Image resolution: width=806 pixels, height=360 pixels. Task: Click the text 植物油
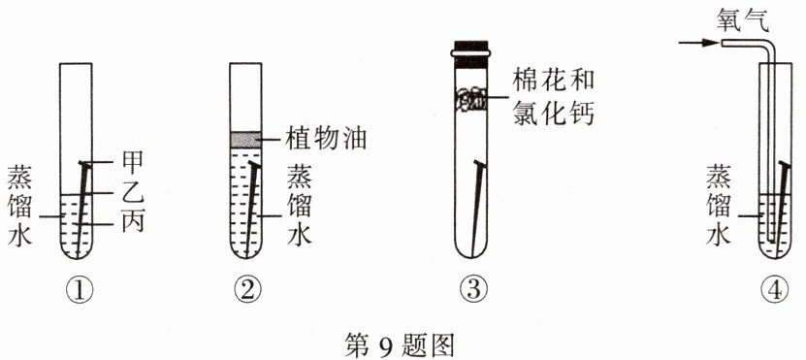326,139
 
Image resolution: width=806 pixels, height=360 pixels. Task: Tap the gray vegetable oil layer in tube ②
245,139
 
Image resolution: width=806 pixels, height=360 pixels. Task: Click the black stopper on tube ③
471,54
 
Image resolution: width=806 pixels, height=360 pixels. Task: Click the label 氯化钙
554,115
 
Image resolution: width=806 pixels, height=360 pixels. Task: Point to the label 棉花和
554,81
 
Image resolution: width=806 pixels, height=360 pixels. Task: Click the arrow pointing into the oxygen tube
698,44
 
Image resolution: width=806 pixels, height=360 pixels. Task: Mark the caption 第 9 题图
400,344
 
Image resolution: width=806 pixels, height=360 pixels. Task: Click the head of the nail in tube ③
479,164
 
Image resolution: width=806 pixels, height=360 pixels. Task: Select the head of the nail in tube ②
254,164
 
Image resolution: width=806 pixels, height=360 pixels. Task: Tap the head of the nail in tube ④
784,165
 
